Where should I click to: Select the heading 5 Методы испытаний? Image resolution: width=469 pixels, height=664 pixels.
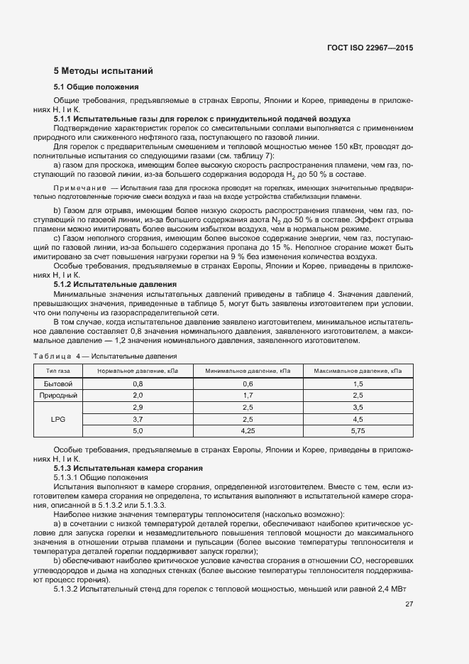pos(103,71)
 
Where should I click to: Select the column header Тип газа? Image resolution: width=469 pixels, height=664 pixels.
pos(58,371)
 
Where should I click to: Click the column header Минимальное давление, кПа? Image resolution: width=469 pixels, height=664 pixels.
pos(248,371)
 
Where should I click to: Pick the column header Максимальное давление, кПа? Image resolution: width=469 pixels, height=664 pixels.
pos(357,371)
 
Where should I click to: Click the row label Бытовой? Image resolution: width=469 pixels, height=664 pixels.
pos(58,383)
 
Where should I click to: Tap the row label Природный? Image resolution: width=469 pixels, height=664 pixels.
pos(58,395)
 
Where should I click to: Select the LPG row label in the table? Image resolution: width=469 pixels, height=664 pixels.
pos(58,419)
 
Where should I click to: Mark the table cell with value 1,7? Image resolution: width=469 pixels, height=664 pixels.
pos(248,395)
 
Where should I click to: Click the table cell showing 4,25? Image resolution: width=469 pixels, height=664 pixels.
pos(248,430)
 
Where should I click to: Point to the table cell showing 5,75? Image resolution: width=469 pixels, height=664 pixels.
pos(357,430)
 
